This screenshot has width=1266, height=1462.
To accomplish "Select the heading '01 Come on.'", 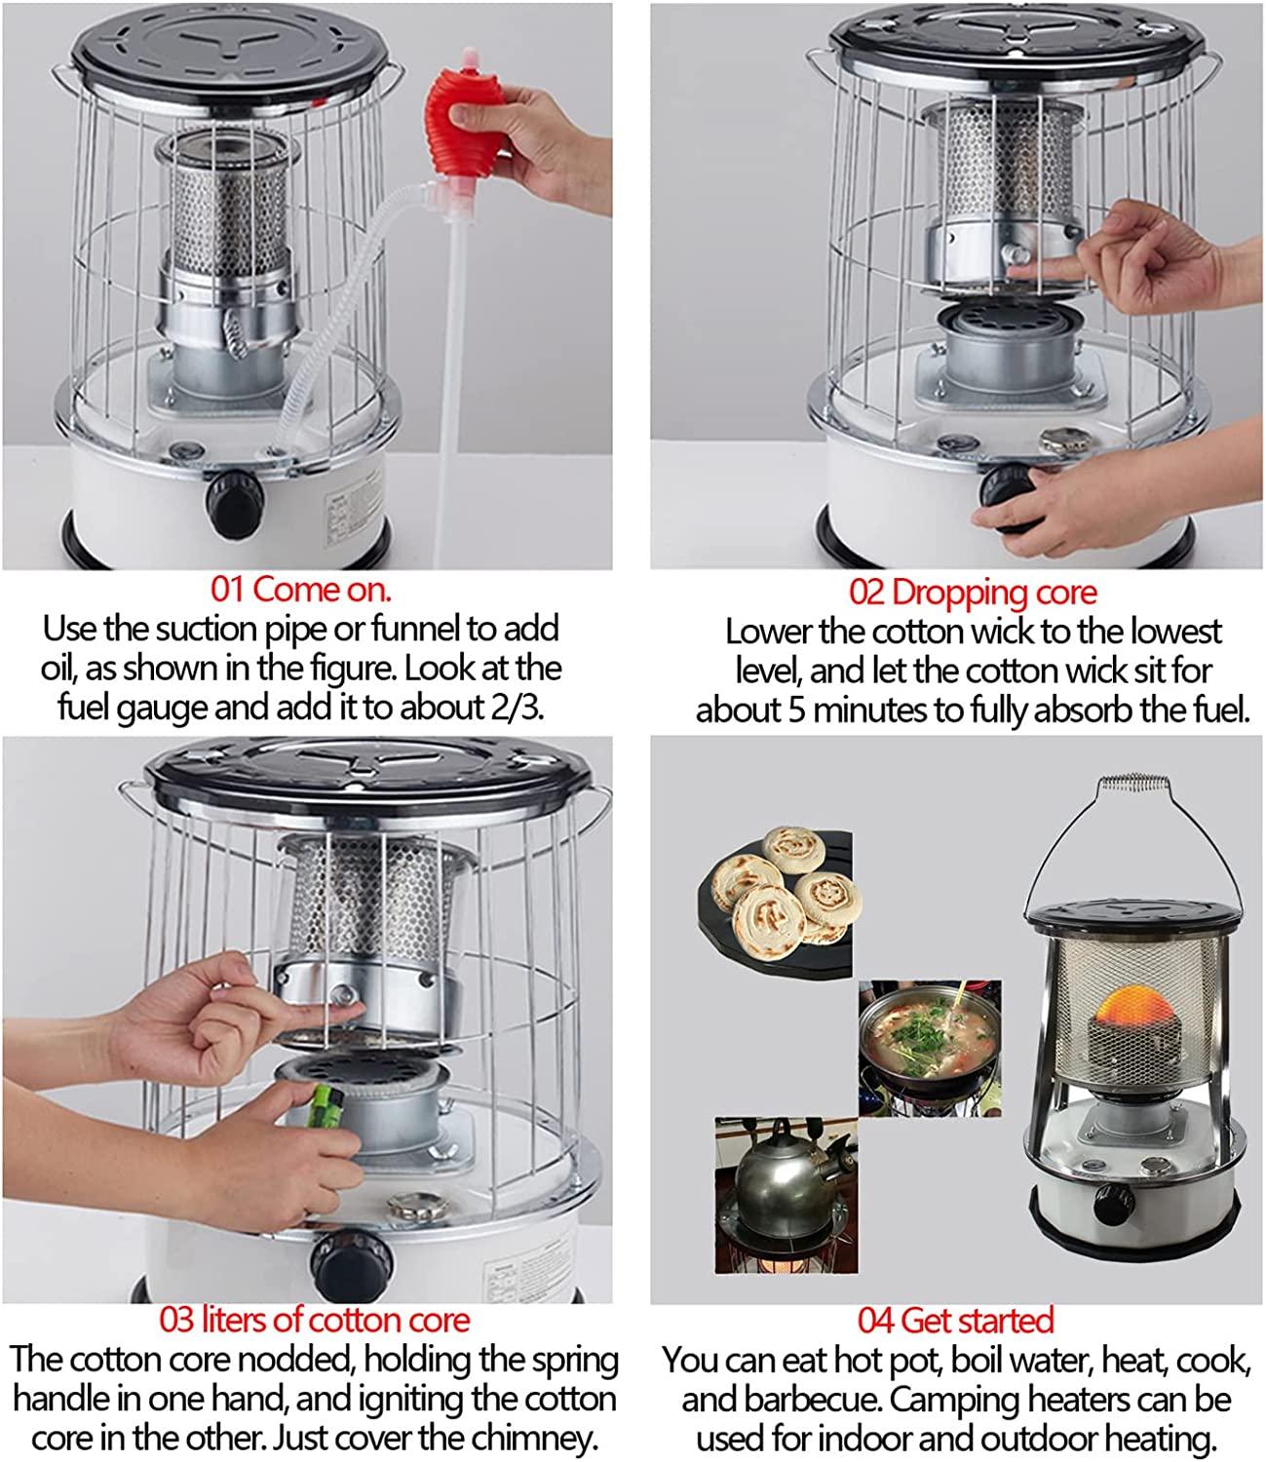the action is (x=301, y=589).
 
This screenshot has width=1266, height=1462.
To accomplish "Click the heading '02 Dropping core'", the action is (x=974, y=592).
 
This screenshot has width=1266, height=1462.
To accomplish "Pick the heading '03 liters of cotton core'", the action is (x=315, y=1320).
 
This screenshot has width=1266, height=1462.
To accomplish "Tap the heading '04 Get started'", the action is (x=955, y=1320).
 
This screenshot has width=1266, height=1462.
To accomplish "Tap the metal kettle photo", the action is (x=786, y=1195).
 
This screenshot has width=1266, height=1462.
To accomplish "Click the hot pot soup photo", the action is (x=930, y=1048).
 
